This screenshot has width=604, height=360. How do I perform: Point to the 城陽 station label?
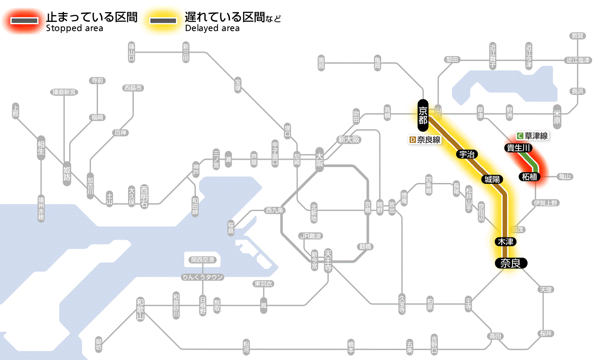(492, 179)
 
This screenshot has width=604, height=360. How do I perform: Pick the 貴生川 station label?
(519, 148)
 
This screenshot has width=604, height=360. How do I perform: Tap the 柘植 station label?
(529, 176)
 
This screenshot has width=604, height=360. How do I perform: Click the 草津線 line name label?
(536, 136)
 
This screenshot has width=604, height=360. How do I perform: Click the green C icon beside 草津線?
(520, 136)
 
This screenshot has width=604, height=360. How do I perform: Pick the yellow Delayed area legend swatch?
(163, 21)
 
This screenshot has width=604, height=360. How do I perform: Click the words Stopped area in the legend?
(74, 28)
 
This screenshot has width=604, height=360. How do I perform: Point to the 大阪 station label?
(320, 159)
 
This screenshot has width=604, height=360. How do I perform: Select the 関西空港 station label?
(203, 260)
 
